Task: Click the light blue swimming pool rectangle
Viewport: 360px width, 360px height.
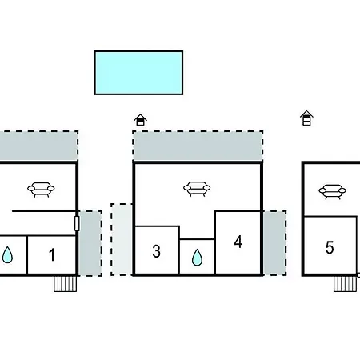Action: click(x=138, y=73)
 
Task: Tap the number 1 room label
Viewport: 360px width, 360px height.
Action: click(x=52, y=254)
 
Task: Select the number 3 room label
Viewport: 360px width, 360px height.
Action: click(x=157, y=251)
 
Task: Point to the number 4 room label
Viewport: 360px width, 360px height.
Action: click(x=238, y=242)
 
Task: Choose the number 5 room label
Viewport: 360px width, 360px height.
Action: click(x=330, y=247)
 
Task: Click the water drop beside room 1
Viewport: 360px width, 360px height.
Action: click(x=7, y=255)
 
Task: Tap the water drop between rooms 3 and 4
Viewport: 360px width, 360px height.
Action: click(x=197, y=258)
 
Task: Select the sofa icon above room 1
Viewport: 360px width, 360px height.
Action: click(x=41, y=190)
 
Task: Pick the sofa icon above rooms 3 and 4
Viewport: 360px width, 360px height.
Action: click(x=197, y=189)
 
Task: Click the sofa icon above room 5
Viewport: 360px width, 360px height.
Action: click(x=332, y=192)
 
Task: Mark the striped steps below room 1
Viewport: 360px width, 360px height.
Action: click(x=66, y=284)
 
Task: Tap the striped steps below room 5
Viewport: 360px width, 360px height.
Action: click(x=346, y=284)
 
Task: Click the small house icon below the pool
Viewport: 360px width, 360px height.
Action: click(x=140, y=120)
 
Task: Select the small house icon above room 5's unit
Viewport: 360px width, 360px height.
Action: click(x=306, y=118)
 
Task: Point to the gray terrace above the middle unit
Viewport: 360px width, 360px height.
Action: click(x=198, y=146)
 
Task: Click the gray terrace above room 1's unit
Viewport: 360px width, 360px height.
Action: click(x=39, y=146)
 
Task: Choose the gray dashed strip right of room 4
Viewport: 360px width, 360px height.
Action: click(x=274, y=243)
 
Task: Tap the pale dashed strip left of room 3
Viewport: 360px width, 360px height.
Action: click(x=122, y=239)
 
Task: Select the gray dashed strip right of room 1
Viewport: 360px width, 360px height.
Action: click(x=90, y=243)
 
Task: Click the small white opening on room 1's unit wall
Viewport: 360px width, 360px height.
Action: click(x=77, y=223)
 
